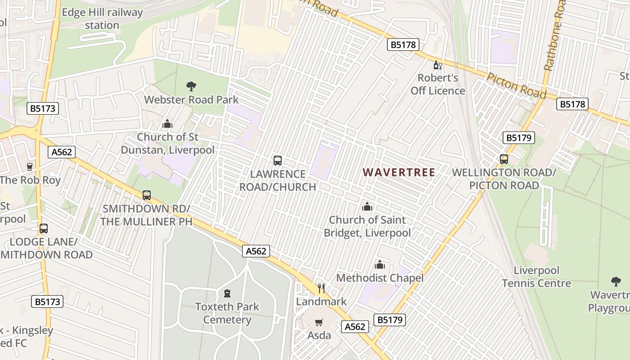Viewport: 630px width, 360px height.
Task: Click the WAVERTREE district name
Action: (x=399, y=172)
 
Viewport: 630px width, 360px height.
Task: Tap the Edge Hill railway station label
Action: (x=102, y=19)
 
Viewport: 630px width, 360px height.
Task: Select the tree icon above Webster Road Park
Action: (x=191, y=86)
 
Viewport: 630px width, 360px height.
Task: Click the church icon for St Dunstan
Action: (x=167, y=124)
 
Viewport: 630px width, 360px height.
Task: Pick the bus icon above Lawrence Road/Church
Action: (x=278, y=161)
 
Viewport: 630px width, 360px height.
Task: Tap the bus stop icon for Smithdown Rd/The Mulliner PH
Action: (x=147, y=195)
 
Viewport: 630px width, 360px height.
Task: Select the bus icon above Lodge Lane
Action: (x=44, y=228)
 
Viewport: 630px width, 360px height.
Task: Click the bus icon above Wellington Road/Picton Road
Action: (x=504, y=159)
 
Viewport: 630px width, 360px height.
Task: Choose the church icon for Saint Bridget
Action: (x=367, y=207)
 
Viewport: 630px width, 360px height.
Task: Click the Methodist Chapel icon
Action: (x=380, y=265)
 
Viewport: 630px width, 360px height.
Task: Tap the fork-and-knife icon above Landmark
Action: (x=321, y=288)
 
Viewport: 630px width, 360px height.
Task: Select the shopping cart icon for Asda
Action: (x=319, y=322)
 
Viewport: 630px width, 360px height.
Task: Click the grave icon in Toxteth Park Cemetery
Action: (x=227, y=293)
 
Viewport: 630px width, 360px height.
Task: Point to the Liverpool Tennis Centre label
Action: (x=536, y=277)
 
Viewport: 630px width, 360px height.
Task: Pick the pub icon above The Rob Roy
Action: (x=30, y=167)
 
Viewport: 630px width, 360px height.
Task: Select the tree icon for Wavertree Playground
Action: (x=616, y=282)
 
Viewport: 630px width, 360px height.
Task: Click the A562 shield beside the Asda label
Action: (x=355, y=327)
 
